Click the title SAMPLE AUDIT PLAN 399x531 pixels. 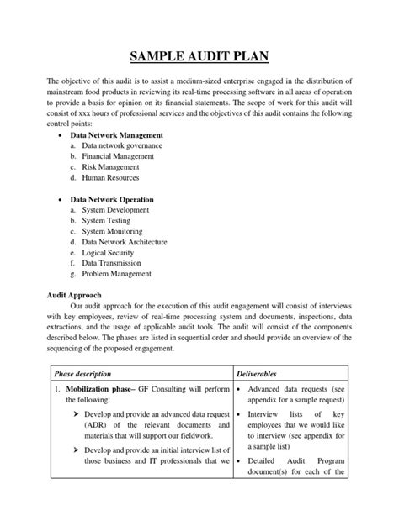click(199, 58)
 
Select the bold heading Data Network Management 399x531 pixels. click(117, 134)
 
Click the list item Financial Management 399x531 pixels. click(118, 155)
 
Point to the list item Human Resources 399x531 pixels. click(110, 177)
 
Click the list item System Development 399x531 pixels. click(115, 210)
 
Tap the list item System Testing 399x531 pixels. click(107, 220)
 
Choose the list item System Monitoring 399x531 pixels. click(112, 231)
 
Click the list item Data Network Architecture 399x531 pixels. click(125, 242)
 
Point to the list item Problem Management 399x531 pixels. click(117, 274)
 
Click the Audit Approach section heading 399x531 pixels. click(73, 296)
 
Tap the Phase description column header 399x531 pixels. click(82, 373)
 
